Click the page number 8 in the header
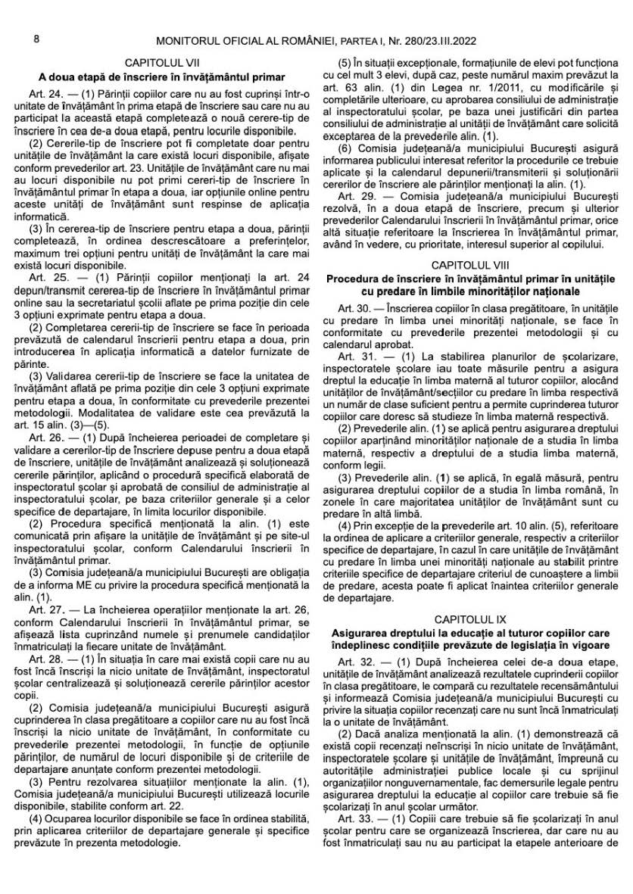click(36, 38)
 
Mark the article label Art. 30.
click(353, 310)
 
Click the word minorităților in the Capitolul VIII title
click(509, 291)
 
